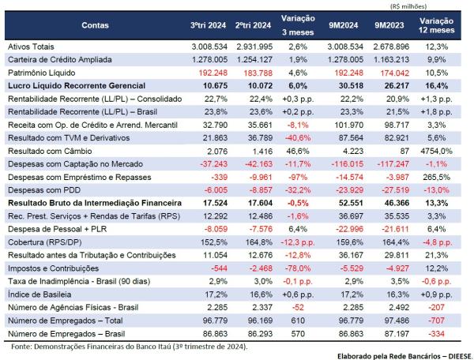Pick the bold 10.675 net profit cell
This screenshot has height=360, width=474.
(204, 85)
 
